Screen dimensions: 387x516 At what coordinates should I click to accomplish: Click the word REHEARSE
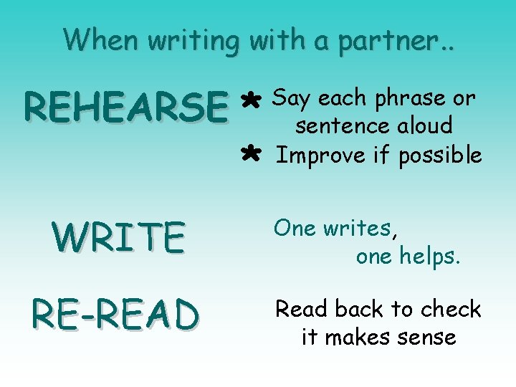pos(124,107)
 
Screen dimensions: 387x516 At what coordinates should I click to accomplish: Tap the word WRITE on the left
pos(118,238)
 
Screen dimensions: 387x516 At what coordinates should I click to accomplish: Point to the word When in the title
pos(102,39)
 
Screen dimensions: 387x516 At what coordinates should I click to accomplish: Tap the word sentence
pos(343,126)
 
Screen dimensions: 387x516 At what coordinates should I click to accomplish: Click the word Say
pos(291,99)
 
